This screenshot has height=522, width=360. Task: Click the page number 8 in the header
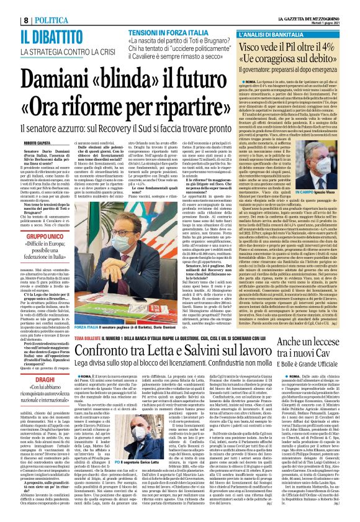[9, 5]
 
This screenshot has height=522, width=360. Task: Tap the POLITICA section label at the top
[32, 5]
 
